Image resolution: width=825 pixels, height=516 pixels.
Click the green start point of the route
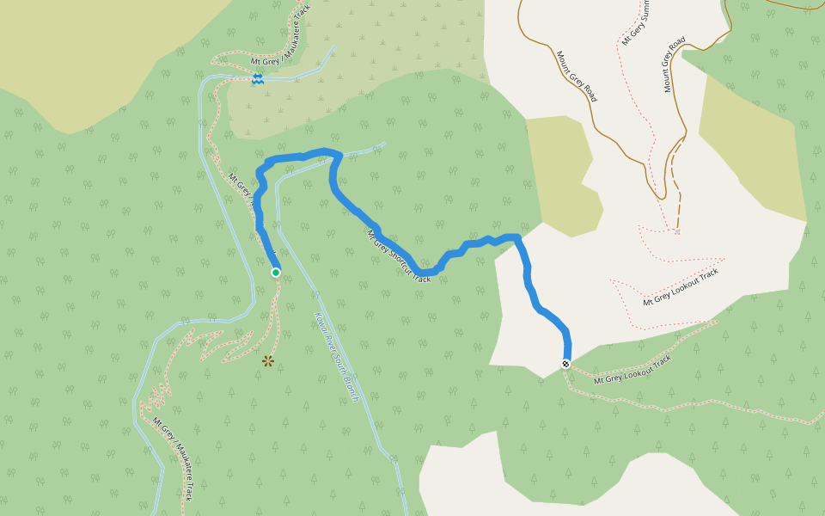point(276,273)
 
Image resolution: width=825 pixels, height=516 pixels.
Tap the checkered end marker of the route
point(566,363)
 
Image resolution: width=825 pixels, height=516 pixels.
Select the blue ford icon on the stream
point(257,78)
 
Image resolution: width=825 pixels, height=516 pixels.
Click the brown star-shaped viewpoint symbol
point(268,361)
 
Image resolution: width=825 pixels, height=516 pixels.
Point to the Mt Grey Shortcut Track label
point(399,256)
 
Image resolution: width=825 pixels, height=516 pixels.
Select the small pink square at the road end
point(677,231)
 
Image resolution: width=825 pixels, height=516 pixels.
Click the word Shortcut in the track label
point(397,255)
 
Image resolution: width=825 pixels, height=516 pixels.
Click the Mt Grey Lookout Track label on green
point(632,368)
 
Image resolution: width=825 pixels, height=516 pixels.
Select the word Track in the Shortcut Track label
point(421,274)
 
